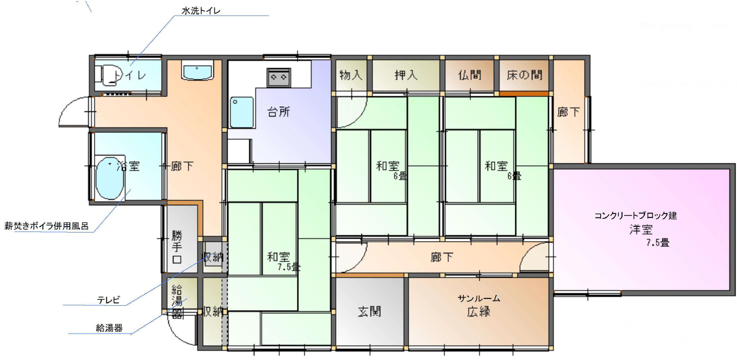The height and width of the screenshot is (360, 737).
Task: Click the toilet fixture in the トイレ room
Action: click(105, 75)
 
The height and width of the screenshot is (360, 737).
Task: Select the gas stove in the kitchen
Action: click(278, 77)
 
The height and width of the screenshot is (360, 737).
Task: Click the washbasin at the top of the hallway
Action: click(197, 71)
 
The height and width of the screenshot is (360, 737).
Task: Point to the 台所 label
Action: click(278, 112)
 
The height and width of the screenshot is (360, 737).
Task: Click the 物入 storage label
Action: click(351, 75)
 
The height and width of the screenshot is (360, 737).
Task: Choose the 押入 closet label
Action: click(406, 75)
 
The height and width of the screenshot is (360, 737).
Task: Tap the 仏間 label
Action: click(469, 75)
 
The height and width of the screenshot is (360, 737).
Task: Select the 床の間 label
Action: click(524, 75)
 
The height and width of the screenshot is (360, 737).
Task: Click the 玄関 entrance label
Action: click(369, 311)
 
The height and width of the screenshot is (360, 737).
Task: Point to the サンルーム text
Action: click(479, 298)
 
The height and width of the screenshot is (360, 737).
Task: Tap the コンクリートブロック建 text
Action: click(635, 215)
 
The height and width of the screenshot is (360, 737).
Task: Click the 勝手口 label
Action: click(177, 247)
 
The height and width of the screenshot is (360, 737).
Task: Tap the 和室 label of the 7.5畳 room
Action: click(278, 256)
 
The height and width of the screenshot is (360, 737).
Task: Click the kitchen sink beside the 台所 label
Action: click(241, 112)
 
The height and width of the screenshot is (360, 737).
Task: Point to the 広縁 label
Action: click(479, 312)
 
